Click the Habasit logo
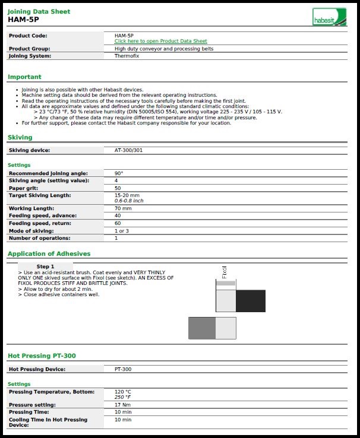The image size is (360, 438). (330, 17)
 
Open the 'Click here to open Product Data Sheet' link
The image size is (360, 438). (160, 41)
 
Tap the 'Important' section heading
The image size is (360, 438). (24, 77)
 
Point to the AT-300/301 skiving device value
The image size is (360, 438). (128, 150)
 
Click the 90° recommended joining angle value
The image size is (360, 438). (118, 173)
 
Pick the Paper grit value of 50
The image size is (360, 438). (118, 188)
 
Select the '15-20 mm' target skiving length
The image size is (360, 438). (127, 195)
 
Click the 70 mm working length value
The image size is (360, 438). (123, 208)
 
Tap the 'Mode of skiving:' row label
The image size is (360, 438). (31, 231)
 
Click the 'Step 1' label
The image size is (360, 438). (45, 266)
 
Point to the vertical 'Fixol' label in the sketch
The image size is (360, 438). (224, 272)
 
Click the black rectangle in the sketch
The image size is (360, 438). (250, 301)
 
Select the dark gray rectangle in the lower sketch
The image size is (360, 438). (202, 328)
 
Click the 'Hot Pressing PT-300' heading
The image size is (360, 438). (42, 356)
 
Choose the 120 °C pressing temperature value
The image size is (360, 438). (122, 392)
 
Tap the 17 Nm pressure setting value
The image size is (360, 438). (122, 404)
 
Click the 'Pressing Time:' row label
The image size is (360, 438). (29, 412)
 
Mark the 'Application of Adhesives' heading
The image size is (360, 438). (49, 253)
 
